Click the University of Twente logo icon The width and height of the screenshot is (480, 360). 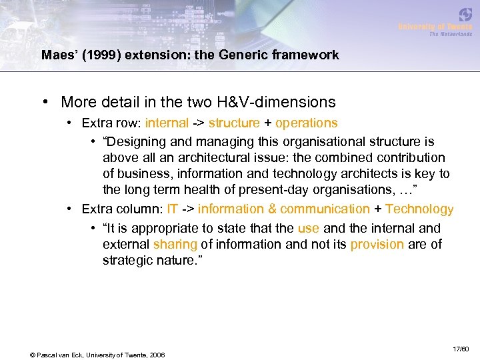[x=465, y=15]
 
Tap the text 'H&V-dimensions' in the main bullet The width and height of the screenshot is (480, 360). [x=277, y=102]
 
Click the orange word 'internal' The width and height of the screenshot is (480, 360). [x=167, y=123]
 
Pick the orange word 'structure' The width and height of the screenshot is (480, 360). [x=234, y=123]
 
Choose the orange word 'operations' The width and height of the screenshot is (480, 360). [x=306, y=123]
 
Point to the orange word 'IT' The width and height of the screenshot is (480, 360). [x=173, y=209]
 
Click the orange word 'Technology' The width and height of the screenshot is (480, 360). [x=419, y=209]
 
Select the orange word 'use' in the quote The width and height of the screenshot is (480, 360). [x=309, y=227]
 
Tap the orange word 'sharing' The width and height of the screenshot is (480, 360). [x=175, y=245]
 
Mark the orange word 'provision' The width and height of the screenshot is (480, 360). [x=377, y=245]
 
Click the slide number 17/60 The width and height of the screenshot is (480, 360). [x=461, y=349]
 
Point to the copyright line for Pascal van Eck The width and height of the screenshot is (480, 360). [x=97, y=354]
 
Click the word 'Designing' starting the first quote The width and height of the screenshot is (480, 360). [x=143, y=141]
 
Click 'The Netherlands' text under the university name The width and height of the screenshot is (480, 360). [x=451, y=34]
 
